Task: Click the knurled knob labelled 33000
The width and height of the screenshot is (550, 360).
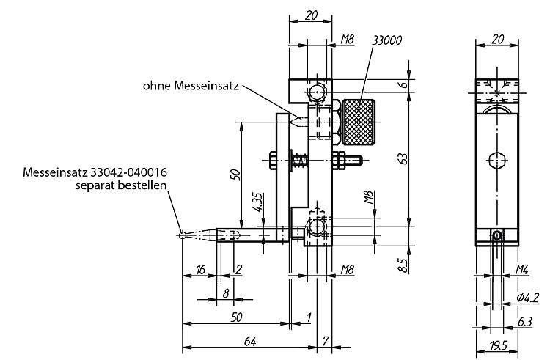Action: [359, 122]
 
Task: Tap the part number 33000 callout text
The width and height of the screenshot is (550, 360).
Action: [387, 40]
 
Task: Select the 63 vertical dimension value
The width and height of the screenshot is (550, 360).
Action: [404, 159]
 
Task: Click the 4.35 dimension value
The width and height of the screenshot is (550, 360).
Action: [258, 202]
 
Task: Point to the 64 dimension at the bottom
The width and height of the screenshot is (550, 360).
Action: [250, 341]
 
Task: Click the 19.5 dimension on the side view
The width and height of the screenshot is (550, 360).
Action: [499, 345]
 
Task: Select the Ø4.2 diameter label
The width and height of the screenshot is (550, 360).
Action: [527, 298]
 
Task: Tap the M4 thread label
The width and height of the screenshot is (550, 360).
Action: [521, 270]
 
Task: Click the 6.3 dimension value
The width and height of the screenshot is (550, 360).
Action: [525, 321]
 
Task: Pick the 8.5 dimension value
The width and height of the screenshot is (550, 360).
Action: [403, 265]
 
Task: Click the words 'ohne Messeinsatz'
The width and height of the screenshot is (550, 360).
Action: [191, 86]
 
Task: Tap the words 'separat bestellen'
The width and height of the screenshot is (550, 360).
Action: [121, 185]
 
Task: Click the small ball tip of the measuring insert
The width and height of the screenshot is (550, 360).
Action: [182, 235]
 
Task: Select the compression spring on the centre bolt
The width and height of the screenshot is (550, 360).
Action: [300, 161]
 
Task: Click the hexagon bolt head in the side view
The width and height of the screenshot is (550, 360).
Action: [497, 160]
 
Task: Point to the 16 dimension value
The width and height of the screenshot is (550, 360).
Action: [200, 270]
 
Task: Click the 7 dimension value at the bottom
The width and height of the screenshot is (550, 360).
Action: [325, 341]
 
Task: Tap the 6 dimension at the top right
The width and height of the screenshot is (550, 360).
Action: [404, 84]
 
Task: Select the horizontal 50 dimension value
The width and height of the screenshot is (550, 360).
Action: [237, 317]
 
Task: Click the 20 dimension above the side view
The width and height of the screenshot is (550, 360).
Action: [498, 39]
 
